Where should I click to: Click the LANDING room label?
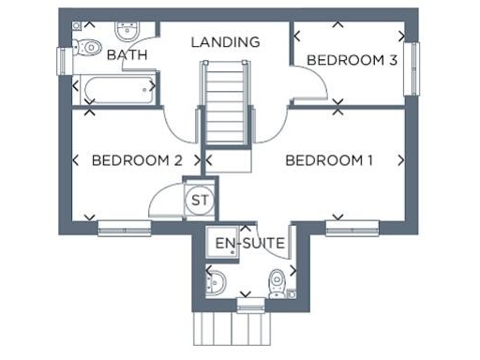pos(225,42)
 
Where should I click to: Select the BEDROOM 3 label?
pos(352,60)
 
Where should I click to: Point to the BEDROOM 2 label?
pos(136,161)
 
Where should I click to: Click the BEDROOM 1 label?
pos(329,161)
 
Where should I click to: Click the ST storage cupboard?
pos(200,200)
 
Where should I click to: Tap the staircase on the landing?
pos(225,103)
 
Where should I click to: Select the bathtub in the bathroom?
pos(115,90)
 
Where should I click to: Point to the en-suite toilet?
pos(277,281)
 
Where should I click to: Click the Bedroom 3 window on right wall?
pos(410,68)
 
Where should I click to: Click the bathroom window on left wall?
pos(64,59)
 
